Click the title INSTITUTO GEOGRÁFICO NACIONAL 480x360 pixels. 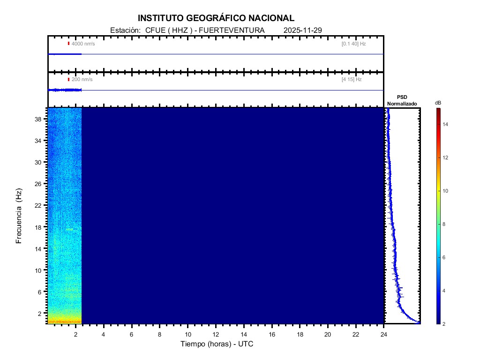click(216, 18)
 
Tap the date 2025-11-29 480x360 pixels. click(302, 30)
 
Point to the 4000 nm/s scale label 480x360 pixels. click(83, 44)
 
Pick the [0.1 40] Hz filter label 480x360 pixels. click(353, 44)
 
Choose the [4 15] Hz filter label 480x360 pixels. click(352, 80)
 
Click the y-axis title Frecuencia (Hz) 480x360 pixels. click(19, 216)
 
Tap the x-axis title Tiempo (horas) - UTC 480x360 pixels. click(217, 344)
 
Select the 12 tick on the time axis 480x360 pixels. click(216, 334)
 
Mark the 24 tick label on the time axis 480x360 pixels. click(384, 334)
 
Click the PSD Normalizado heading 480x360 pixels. click(402, 100)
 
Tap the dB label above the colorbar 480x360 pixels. click(438, 103)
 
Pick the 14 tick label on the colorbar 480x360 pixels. click(446, 124)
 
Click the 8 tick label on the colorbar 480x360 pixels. click(445, 225)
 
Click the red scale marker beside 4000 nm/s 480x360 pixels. click(68, 44)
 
